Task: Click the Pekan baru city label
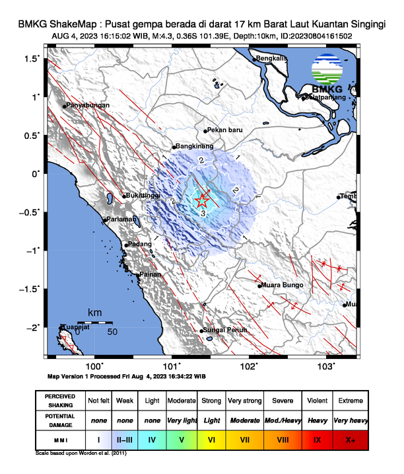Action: (x=226, y=130)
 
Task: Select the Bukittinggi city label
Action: (x=144, y=196)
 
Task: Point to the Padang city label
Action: (x=140, y=245)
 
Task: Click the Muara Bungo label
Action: (x=283, y=285)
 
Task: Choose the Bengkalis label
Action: (x=272, y=58)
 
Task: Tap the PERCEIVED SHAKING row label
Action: (x=60, y=401)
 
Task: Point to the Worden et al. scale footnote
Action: (x=81, y=454)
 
